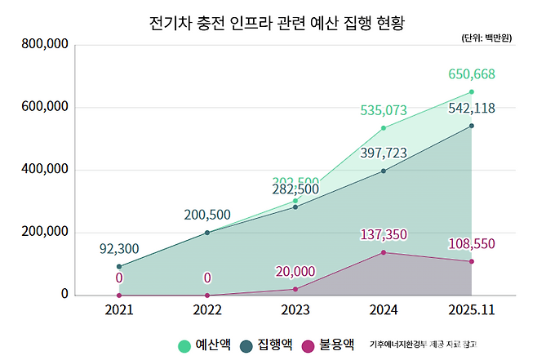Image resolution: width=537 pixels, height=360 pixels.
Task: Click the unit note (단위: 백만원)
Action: point(487,38)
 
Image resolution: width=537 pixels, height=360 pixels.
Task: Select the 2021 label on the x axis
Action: point(119,311)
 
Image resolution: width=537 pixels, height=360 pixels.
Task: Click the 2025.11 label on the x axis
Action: point(471,311)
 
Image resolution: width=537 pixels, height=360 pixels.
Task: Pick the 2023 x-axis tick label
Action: point(295,311)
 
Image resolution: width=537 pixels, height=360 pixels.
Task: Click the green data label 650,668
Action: point(472,75)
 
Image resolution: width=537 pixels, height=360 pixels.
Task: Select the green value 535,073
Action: point(384,110)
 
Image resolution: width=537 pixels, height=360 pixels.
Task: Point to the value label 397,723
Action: point(384,153)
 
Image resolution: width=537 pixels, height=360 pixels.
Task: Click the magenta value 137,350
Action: point(384,235)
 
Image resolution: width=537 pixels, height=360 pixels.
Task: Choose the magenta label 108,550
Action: point(472,244)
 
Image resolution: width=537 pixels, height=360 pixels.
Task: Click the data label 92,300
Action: point(119,248)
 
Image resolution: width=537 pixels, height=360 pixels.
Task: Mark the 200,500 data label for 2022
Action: point(207,215)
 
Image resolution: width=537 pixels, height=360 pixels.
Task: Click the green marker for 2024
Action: point(384,128)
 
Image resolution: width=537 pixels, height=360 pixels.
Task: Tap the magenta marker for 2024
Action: point(384,252)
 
